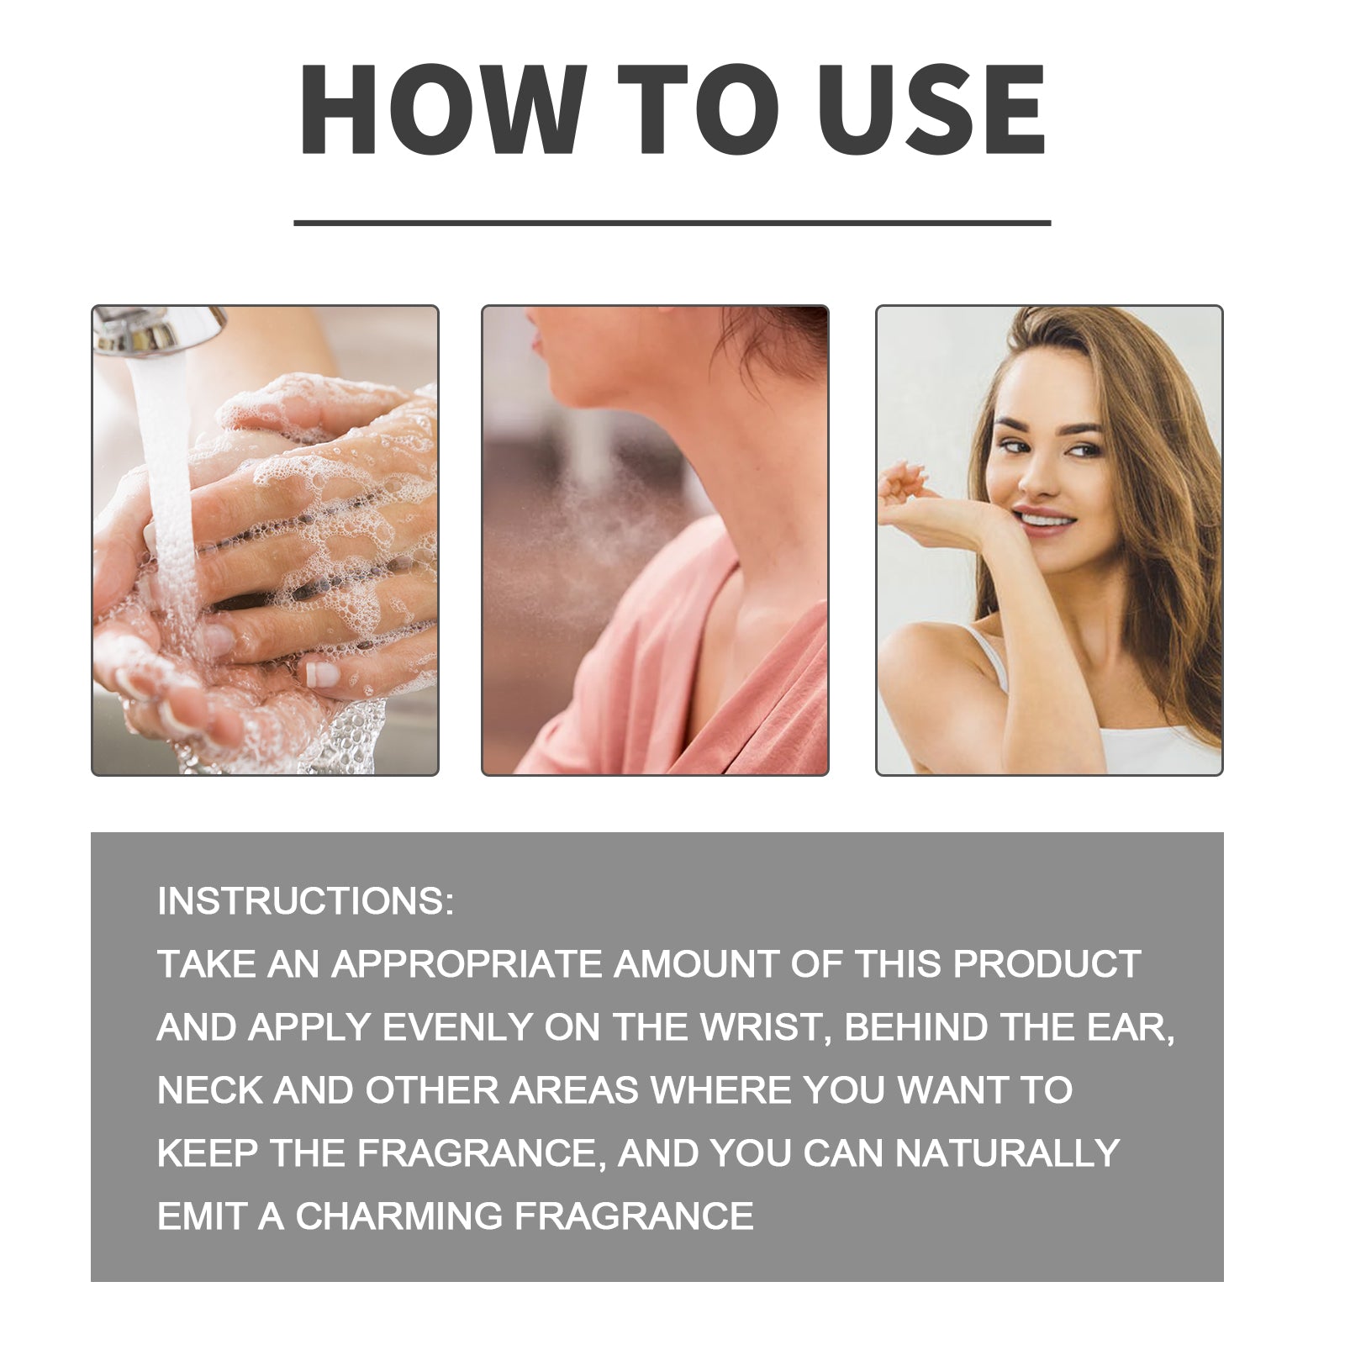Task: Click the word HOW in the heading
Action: pos(442,110)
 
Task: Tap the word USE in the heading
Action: pos(932,110)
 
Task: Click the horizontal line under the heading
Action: pos(672,223)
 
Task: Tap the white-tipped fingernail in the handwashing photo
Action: pos(323,673)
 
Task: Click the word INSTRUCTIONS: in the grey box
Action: pos(305,901)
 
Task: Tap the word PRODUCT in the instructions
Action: pos(1047,964)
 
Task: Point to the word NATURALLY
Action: pos(1007,1153)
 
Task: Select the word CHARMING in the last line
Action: pos(399,1216)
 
